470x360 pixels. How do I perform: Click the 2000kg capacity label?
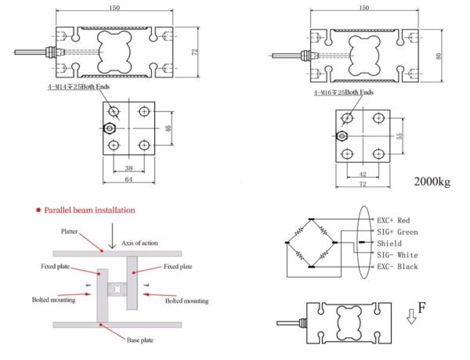coord(432,182)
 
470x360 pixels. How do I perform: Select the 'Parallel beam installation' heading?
coord(89,211)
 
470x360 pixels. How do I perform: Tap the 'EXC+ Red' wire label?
coord(397,221)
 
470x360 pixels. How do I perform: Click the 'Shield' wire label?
coord(389,243)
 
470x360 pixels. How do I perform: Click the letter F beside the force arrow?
coord(421,308)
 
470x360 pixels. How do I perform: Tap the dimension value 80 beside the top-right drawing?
coord(438,56)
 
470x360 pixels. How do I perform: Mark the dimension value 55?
coord(399,135)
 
